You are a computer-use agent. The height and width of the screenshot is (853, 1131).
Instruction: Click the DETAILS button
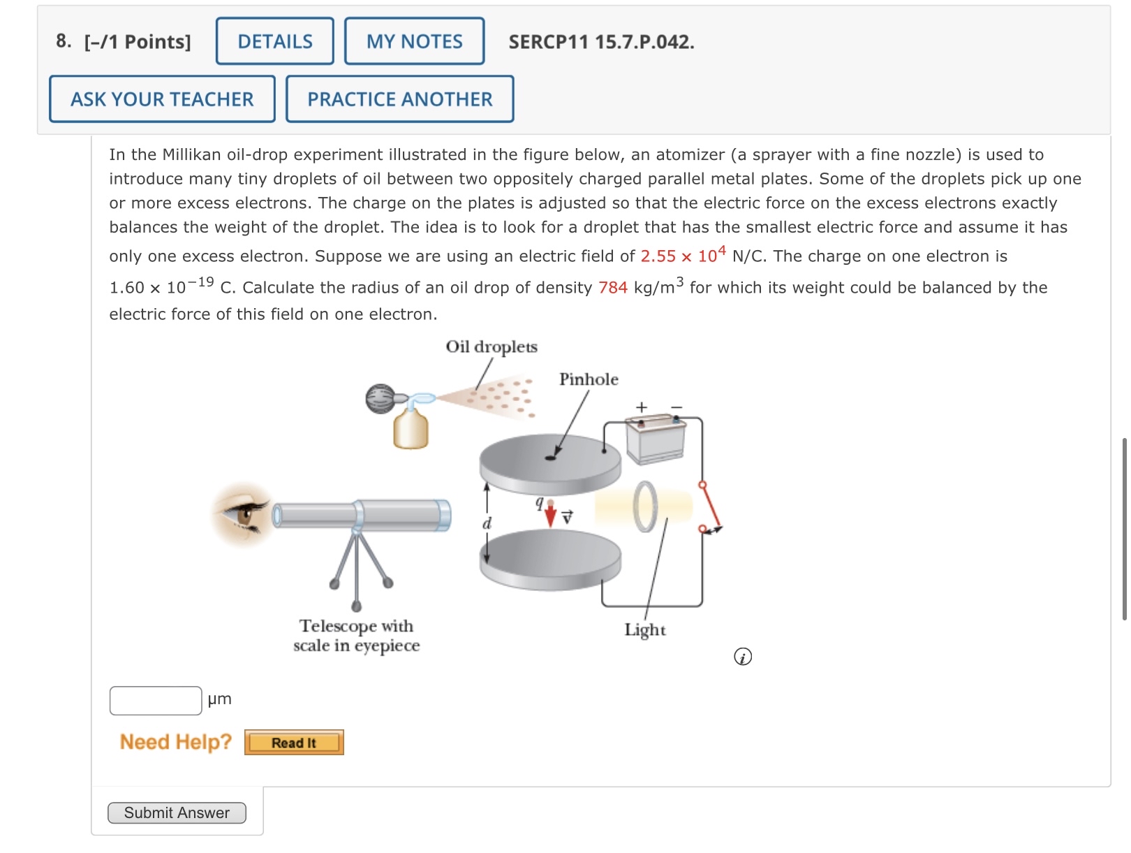(x=274, y=41)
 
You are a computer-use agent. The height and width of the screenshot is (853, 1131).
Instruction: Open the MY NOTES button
(x=414, y=41)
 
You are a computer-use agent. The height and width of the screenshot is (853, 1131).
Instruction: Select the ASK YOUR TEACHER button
(x=162, y=99)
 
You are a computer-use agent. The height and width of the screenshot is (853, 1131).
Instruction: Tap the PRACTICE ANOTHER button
(x=400, y=99)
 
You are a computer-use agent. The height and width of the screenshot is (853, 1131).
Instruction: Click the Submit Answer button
(x=177, y=812)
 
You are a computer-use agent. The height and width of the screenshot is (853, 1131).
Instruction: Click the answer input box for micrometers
(x=156, y=701)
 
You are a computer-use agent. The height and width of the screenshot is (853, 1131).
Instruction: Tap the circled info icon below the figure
(x=743, y=657)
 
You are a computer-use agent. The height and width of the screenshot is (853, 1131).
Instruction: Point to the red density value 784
(x=613, y=288)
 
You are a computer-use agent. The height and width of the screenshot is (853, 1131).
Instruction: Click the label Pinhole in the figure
(x=589, y=379)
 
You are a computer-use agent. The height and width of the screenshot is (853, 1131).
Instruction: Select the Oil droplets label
(x=491, y=347)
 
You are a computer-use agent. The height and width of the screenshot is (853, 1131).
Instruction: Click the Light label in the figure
(x=645, y=630)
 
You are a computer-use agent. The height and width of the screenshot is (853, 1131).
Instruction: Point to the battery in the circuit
(x=656, y=439)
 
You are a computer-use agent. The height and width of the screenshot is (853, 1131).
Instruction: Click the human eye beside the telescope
(x=243, y=514)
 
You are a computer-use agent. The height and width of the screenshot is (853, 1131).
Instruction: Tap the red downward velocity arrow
(x=550, y=514)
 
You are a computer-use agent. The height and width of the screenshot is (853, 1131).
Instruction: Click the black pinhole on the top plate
(x=550, y=458)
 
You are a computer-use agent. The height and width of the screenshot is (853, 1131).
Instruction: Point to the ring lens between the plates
(x=645, y=506)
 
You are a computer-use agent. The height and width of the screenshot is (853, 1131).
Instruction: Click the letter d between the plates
(x=487, y=524)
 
